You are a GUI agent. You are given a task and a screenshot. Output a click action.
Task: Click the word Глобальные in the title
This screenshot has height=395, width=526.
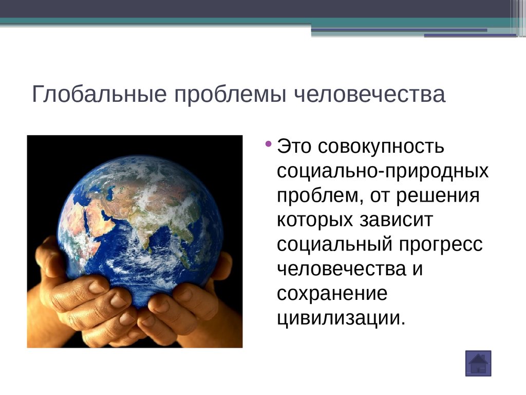pos(99,95)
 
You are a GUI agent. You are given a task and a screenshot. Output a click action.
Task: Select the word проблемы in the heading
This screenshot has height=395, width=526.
pos(230,95)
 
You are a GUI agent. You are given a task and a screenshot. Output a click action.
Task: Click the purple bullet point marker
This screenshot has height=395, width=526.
pos(268,145)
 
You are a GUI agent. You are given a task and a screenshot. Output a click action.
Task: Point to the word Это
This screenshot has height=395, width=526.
pos(294,147)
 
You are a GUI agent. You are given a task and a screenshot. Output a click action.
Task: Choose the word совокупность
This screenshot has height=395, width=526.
pos(381,147)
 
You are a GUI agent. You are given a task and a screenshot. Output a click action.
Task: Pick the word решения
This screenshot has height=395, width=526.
pos(438,196)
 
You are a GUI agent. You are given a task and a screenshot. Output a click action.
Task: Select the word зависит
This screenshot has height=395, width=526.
pos(397,220)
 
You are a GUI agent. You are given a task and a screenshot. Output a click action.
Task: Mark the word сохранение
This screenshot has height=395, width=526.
pos(332,294)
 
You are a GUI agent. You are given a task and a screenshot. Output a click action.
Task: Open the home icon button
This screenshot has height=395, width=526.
pos(478,364)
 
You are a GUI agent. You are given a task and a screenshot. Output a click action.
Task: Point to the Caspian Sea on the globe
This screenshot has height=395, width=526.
pos(110,193)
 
